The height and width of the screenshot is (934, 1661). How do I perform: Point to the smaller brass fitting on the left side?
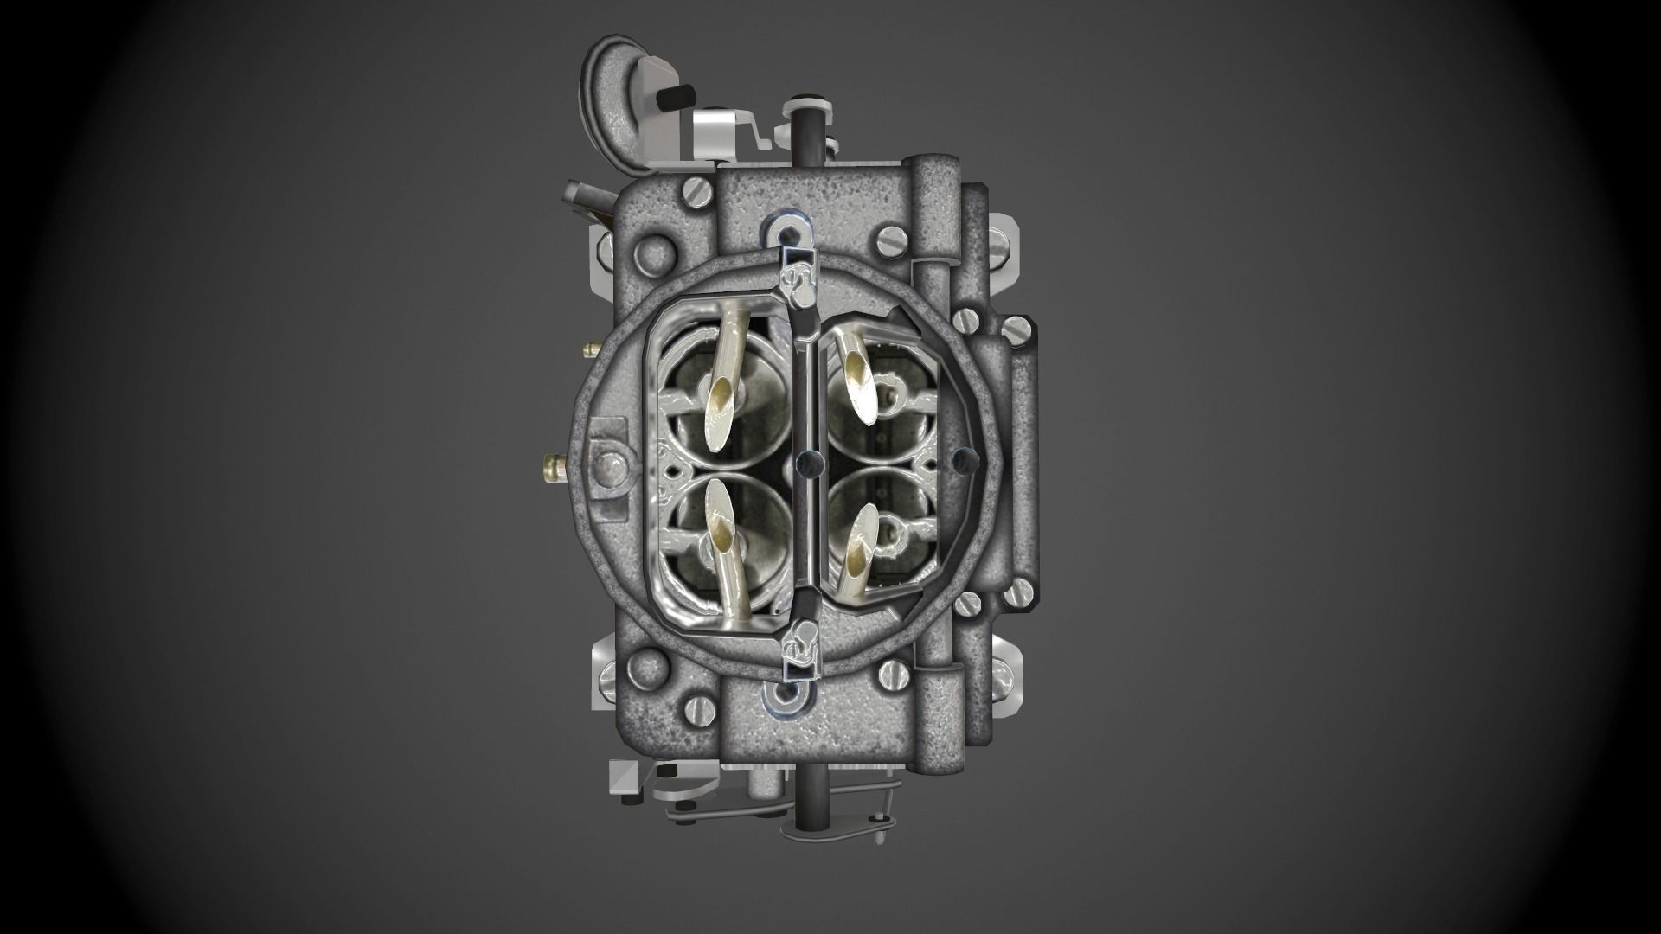coord(592,349)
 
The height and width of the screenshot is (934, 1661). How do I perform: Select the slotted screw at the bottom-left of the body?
coord(696,709)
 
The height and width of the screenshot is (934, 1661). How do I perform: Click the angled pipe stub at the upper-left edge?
coord(580,194)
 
